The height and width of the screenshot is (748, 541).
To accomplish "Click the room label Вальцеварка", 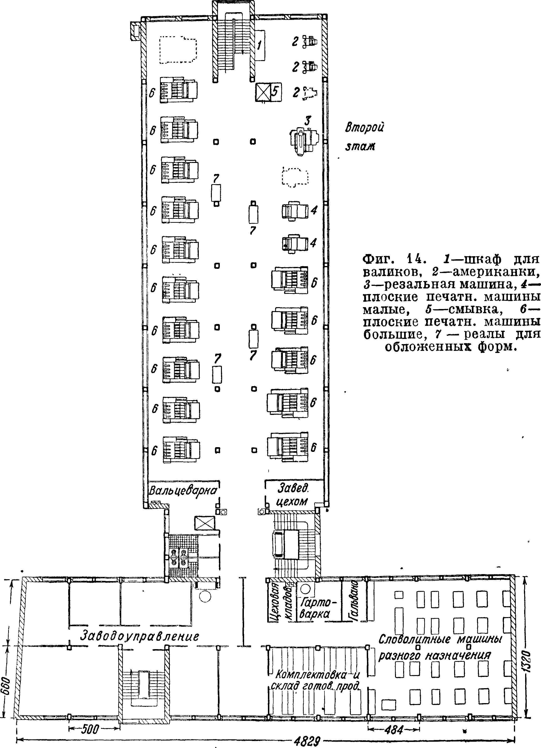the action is (x=183, y=490).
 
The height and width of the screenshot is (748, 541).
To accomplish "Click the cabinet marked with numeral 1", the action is (x=260, y=45).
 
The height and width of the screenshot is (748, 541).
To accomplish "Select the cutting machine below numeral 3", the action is (x=304, y=140).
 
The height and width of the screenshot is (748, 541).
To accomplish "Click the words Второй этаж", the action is (x=364, y=136).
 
